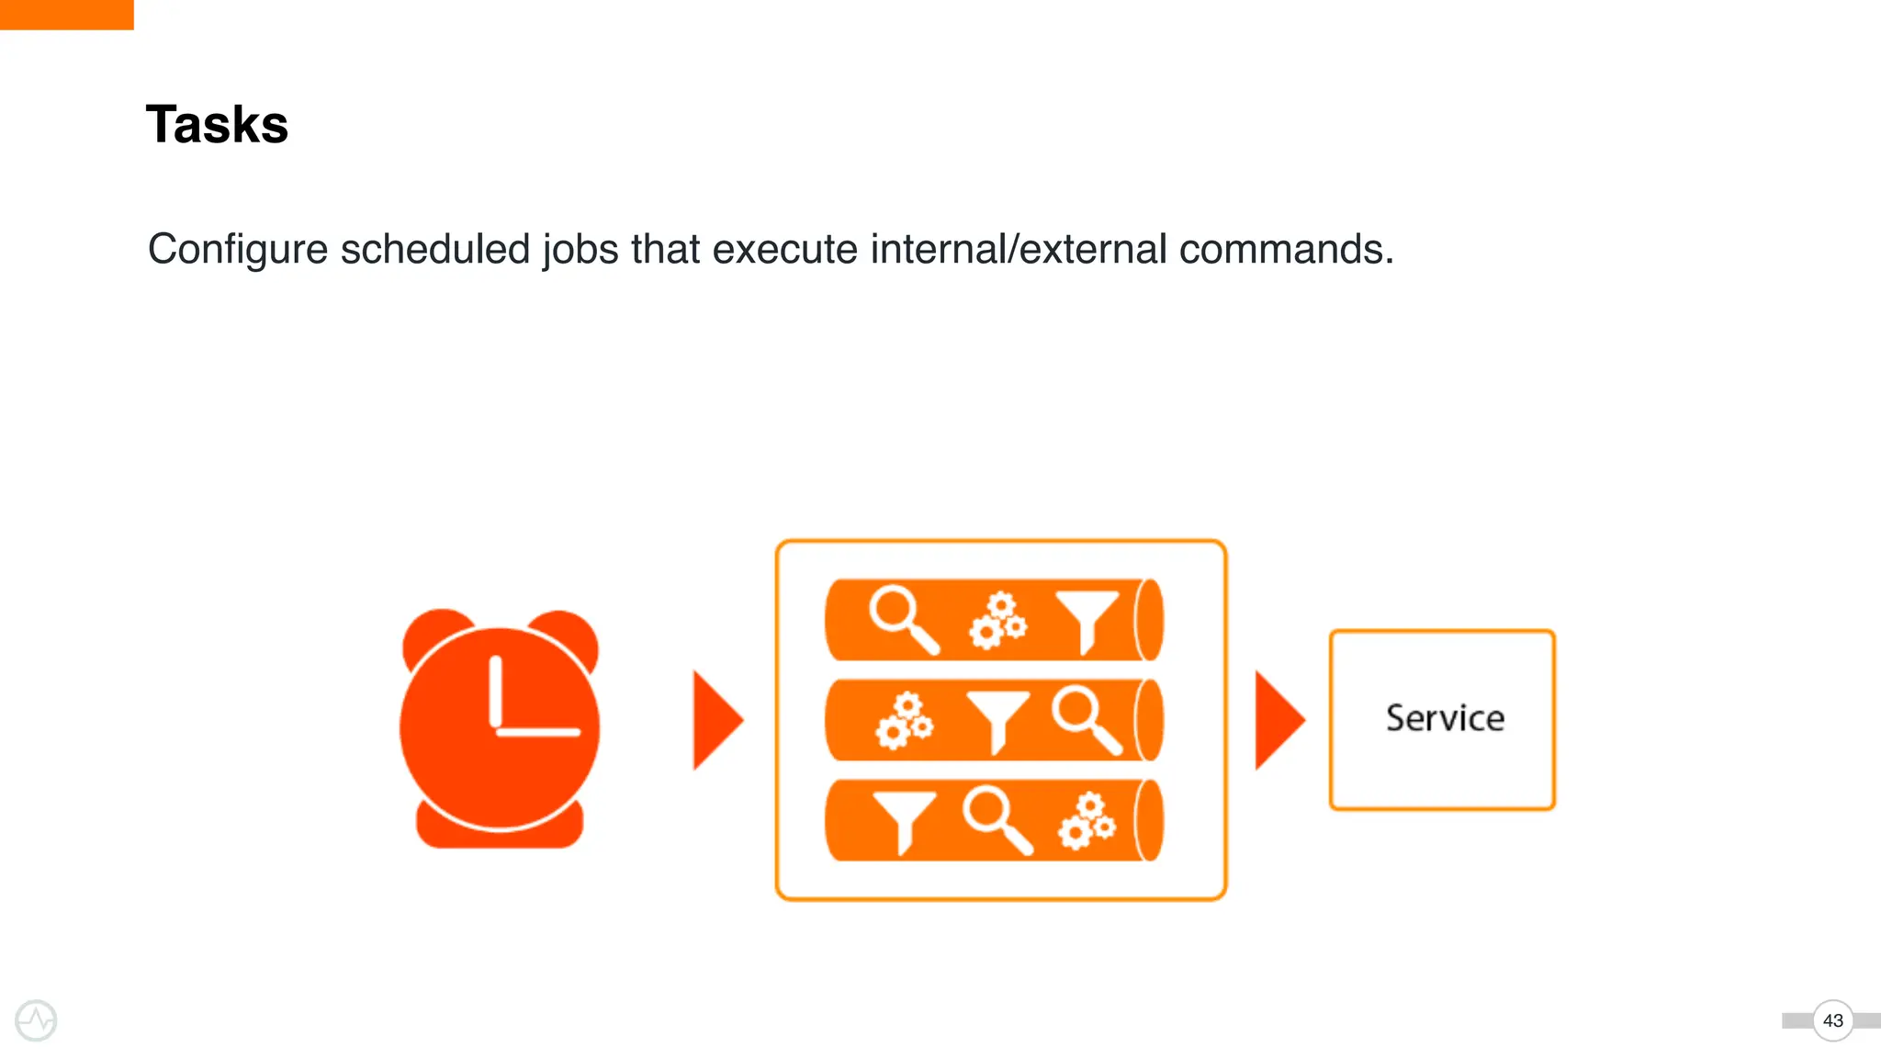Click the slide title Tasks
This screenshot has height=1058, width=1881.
pos(217,125)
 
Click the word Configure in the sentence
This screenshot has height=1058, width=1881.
pos(238,250)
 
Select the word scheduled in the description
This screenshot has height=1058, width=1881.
pos(435,250)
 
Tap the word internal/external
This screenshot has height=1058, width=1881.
pos(1019,250)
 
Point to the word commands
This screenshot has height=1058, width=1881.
pos(1286,250)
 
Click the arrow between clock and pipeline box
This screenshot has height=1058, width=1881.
pos(716,720)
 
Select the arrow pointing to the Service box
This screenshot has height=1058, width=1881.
pos(1278,720)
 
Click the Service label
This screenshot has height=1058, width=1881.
pos(1445,718)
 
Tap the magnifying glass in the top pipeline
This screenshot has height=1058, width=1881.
pos(902,619)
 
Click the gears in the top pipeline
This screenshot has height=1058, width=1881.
pos(997,621)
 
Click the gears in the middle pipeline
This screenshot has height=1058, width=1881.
pos(905,721)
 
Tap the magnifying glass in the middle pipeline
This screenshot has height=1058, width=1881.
pos(1086,719)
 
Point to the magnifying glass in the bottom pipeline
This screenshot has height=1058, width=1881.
pos(996,819)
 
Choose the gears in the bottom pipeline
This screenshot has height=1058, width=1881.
pos(1087,820)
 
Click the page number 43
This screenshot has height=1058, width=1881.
pos(1832,1020)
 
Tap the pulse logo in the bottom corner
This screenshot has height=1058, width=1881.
pos(36,1020)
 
